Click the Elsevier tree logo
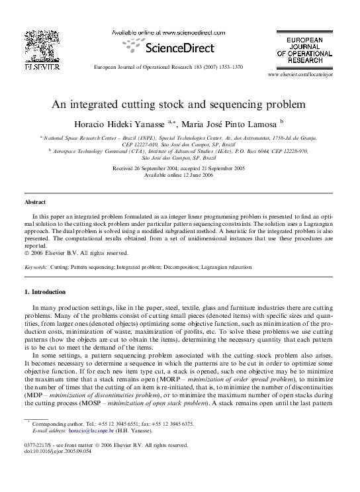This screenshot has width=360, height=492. click(x=42, y=46)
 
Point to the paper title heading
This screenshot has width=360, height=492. click(x=179, y=104)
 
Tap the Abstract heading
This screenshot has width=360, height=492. click(x=35, y=202)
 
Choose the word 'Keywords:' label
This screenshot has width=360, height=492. click(x=35, y=267)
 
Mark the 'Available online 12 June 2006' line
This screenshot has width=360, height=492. click(x=179, y=175)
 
